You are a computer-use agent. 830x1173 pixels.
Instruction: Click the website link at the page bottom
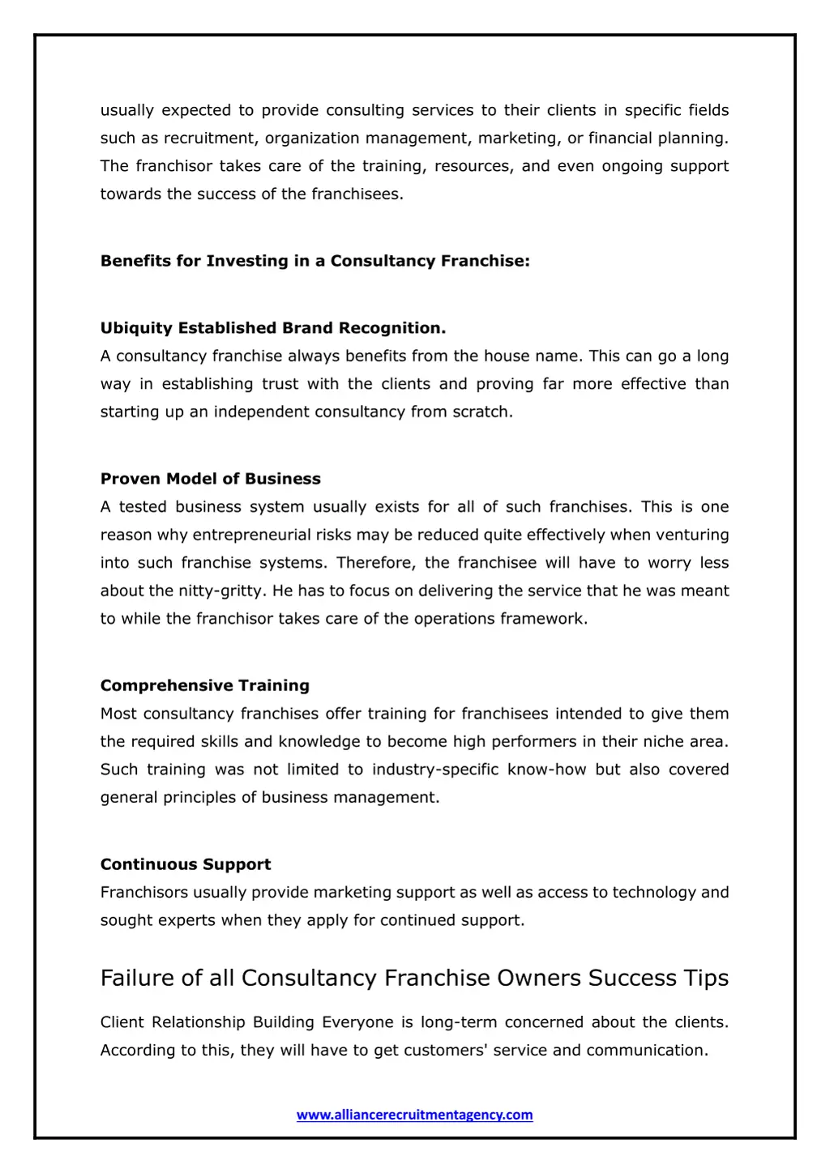[x=414, y=1115]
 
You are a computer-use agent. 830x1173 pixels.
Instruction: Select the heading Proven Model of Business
[x=211, y=479]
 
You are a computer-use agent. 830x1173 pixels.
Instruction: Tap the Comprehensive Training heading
[x=205, y=685]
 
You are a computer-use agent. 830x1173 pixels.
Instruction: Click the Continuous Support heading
[x=186, y=864]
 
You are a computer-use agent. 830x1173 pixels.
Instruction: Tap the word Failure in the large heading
[x=138, y=978]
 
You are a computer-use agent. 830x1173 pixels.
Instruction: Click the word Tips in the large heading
[x=706, y=978]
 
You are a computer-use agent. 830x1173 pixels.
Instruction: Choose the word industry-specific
[x=435, y=770]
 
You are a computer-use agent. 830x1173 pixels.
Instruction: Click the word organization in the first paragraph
[x=312, y=139]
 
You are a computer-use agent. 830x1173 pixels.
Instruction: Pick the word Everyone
[x=357, y=1022]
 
